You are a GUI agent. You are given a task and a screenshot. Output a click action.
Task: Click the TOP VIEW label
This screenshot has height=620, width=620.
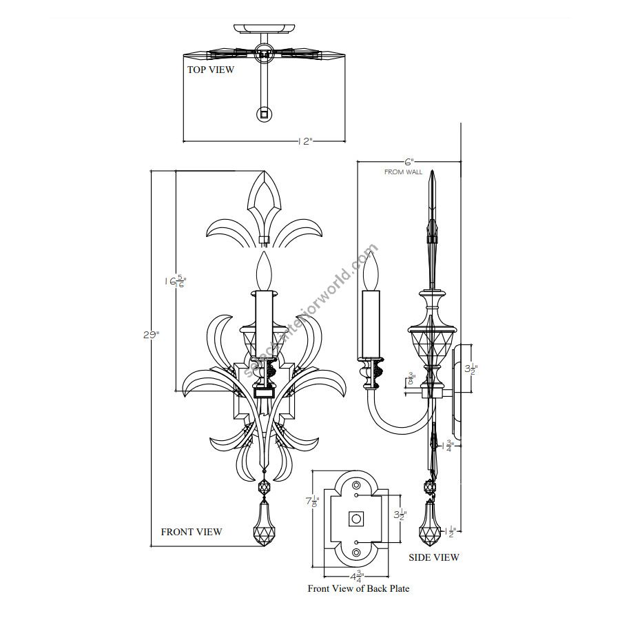click(211, 70)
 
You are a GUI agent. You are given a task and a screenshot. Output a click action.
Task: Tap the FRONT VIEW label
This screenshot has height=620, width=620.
click(192, 532)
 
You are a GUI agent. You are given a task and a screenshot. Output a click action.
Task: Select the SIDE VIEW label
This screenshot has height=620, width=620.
click(434, 557)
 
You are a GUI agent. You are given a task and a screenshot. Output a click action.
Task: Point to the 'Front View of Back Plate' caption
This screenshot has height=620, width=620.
click(358, 589)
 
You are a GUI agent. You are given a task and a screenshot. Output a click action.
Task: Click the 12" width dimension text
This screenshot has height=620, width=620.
click(306, 141)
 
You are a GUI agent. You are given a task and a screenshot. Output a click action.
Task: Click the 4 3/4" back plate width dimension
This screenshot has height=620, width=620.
click(356, 576)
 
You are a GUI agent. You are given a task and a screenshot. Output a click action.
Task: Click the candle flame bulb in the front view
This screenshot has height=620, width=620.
click(262, 271)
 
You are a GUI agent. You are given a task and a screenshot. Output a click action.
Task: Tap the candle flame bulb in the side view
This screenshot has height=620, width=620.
click(372, 271)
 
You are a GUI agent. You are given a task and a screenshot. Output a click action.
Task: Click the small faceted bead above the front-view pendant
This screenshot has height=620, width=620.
click(263, 488)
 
